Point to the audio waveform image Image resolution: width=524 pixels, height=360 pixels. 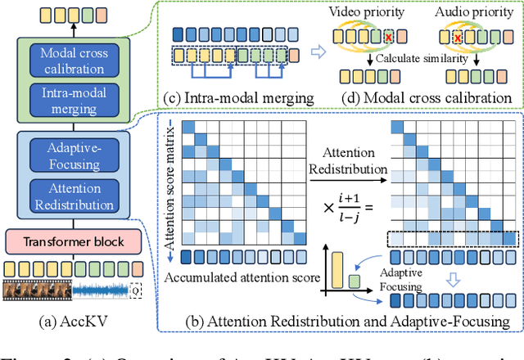102,289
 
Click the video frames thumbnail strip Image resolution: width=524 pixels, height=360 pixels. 36,289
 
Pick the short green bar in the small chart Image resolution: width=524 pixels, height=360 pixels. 355,280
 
